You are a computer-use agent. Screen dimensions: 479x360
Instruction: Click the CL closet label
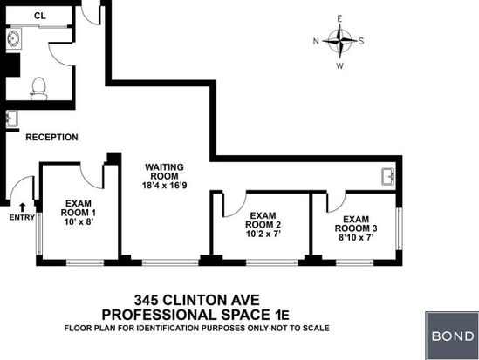(40, 16)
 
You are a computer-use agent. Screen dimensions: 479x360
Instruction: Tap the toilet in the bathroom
(38, 89)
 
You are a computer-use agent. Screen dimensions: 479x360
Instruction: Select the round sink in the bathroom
(14, 38)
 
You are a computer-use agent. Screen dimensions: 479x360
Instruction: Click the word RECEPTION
(51, 138)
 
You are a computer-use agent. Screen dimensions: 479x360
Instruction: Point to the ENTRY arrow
(22, 207)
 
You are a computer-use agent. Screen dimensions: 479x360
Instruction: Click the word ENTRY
(22, 217)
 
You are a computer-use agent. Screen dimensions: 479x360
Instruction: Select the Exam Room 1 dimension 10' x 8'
(79, 221)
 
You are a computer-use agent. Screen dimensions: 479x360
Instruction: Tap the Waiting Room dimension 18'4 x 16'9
(164, 185)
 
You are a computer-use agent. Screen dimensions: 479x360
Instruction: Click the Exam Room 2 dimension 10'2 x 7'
(263, 234)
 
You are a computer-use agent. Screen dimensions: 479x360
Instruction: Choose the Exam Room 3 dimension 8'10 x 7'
(356, 237)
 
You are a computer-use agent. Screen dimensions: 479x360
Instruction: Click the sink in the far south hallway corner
(389, 177)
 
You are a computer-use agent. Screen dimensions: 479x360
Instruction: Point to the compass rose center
(339, 40)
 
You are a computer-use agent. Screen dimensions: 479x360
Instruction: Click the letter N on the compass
(316, 41)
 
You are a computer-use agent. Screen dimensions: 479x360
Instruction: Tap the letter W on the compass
(339, 66)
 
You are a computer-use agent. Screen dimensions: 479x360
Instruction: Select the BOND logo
(453, 336)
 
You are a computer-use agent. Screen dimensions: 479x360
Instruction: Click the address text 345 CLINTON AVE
(196, 300)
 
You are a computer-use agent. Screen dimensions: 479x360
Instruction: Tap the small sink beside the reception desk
(12, 119)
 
